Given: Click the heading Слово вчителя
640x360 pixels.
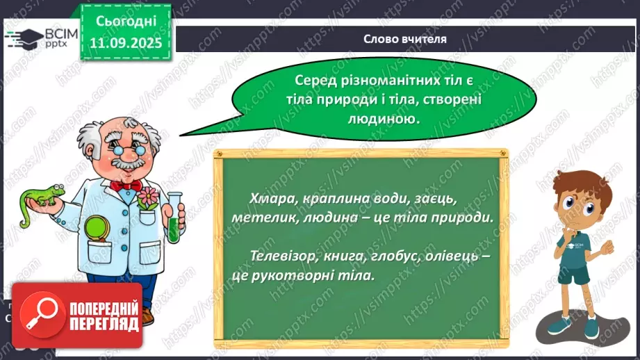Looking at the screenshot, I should (405, 39).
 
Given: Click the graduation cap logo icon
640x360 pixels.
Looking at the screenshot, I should (26, 38).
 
